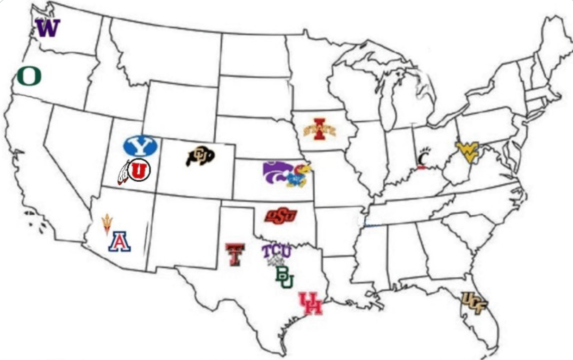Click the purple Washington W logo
pos(48,28)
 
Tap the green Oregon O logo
pos(29,76)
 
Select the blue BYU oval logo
pos(140,145)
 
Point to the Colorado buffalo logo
pos(200,156)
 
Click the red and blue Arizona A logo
pos(119,241)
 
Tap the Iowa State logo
pos(319,130)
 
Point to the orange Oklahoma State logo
pos(280,216)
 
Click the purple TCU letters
pos(276,251)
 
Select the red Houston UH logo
pos(311,304)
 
